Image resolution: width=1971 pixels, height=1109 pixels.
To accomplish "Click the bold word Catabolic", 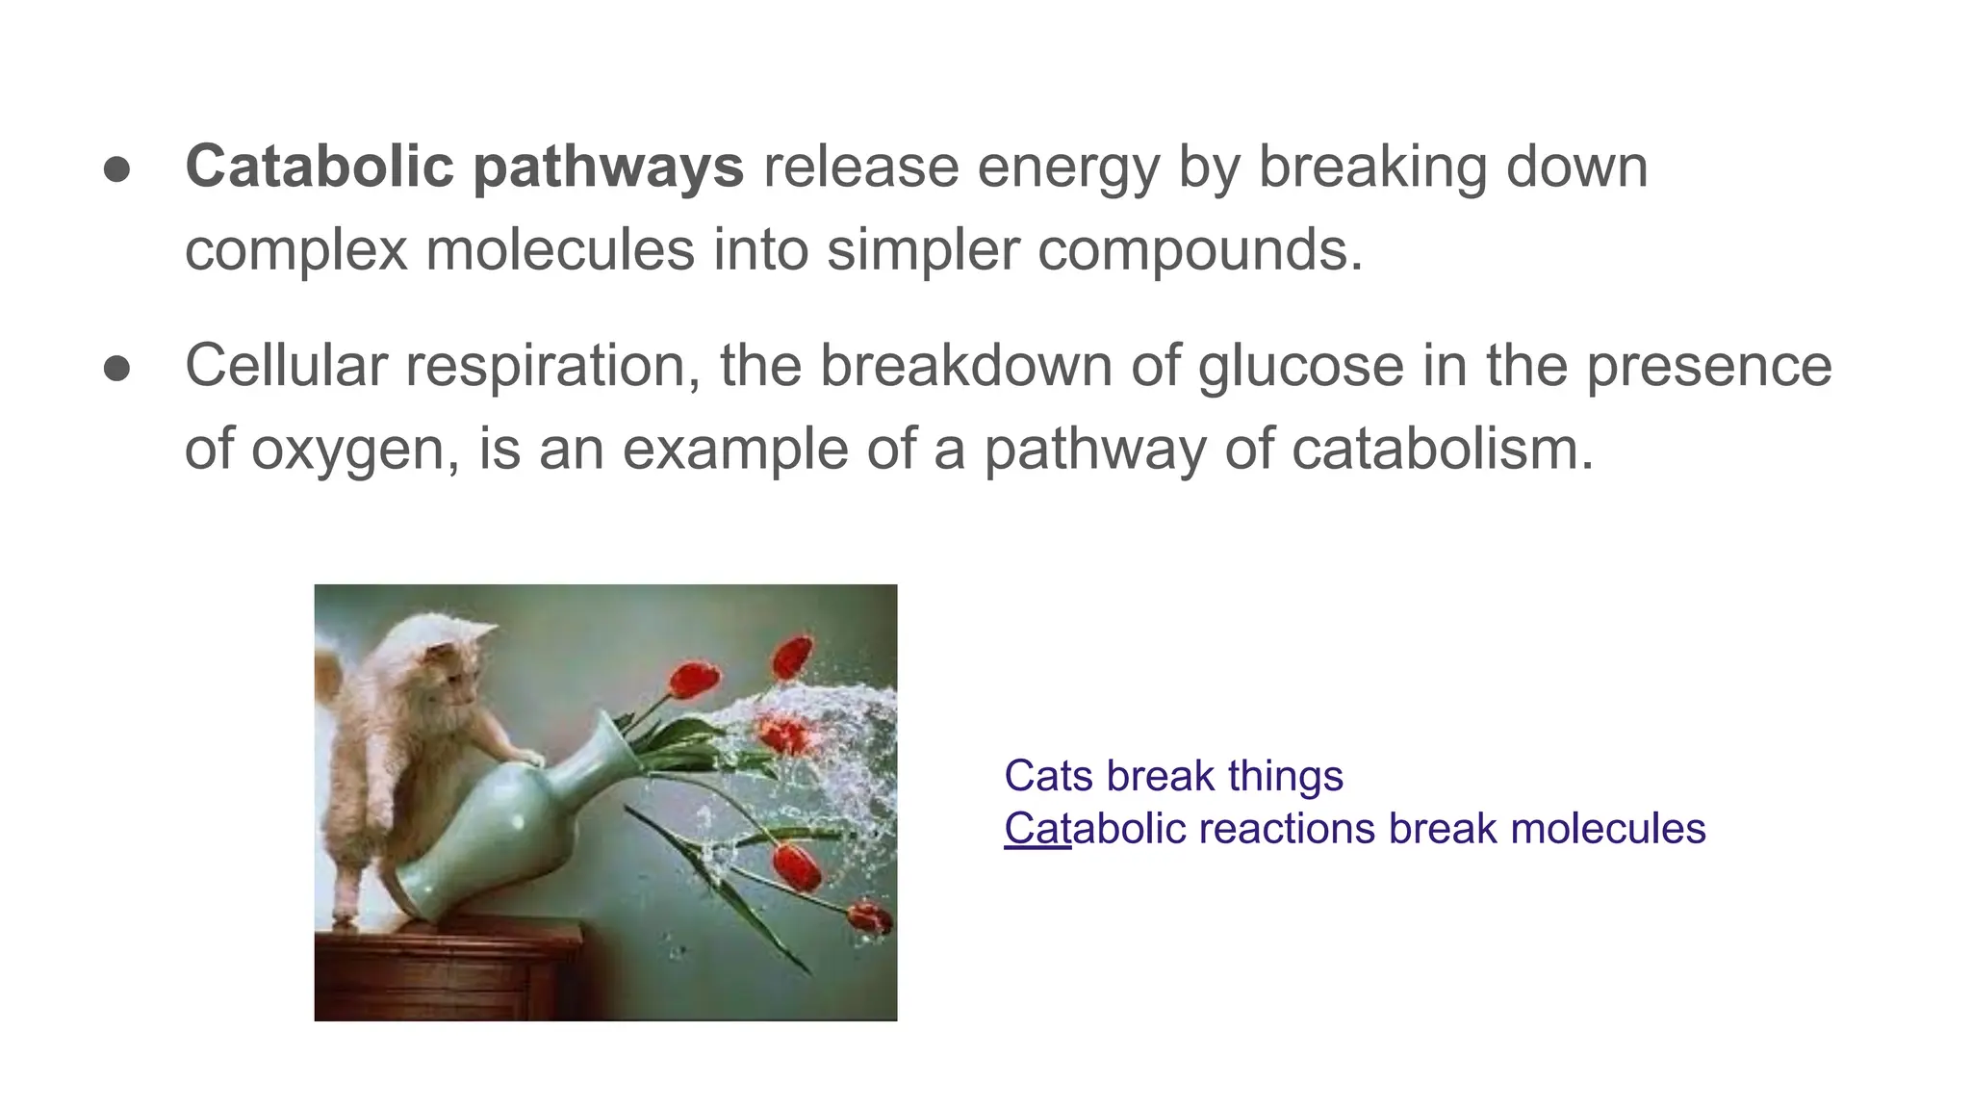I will click(x=319, y=167).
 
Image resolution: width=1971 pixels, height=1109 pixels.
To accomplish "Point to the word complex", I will click(x=295, y=251).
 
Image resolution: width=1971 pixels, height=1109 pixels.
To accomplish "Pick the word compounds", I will click(x=1198, y=251).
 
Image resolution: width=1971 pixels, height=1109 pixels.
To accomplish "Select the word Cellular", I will click(x=286, y=366).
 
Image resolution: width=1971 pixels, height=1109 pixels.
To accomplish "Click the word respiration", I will click(x=552, y=368).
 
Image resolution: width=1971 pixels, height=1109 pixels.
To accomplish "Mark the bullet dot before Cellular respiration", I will click(x=116, y=368).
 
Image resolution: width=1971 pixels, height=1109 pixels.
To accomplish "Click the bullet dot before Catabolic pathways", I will click(x=116, y=168).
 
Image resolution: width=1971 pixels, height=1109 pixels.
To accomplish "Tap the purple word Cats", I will click(x=1047, y=776).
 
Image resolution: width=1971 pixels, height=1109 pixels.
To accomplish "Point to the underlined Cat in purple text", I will click(x=1037, y=829).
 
